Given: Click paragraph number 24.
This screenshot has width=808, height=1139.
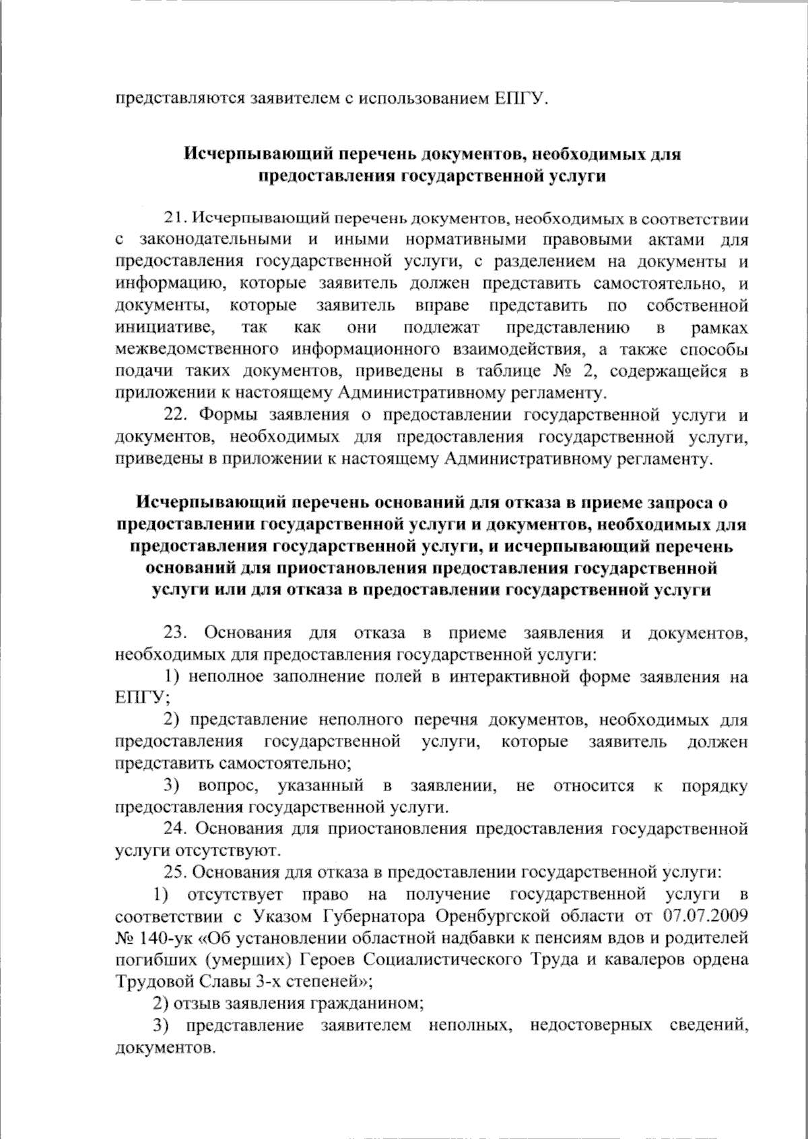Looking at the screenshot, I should pos(176,829).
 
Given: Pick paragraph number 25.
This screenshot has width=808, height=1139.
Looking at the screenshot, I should pos(176,872).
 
